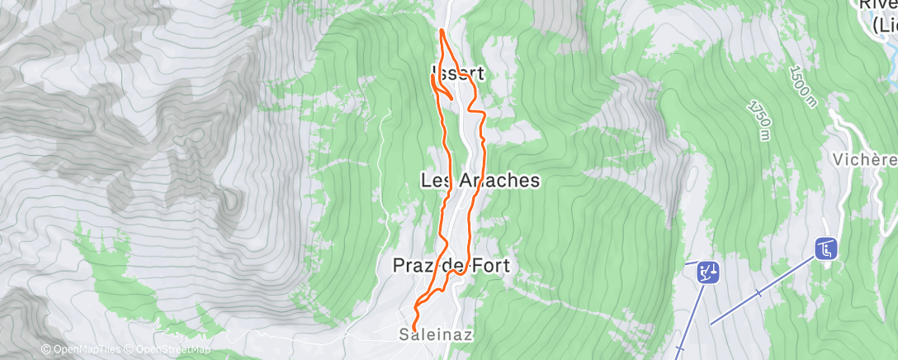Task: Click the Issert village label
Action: coord(456,73)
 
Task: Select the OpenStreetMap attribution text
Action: coord(169,350)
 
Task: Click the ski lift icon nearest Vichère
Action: coord(826,248)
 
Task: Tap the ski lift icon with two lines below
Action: coord(707,272)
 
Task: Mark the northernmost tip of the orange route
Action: coord(442,31)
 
